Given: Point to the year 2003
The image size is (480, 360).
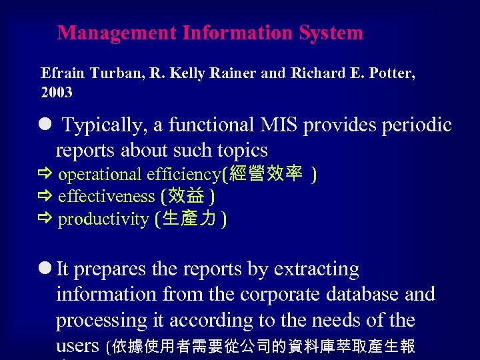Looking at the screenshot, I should [x=57, y=93].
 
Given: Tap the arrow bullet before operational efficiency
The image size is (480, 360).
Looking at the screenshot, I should [x=46, y=175].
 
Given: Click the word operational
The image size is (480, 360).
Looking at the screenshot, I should [x=100, y=175].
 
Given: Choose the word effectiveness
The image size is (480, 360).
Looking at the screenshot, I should [x=107, y=197].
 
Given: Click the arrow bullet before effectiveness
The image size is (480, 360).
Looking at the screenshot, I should [x=46, y=197].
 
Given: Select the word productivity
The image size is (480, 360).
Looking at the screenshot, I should [x=103, y=219].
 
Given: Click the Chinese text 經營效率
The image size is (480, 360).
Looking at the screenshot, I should [x=265, y=175].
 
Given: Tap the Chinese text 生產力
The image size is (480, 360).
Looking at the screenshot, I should [x=190, y=219].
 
